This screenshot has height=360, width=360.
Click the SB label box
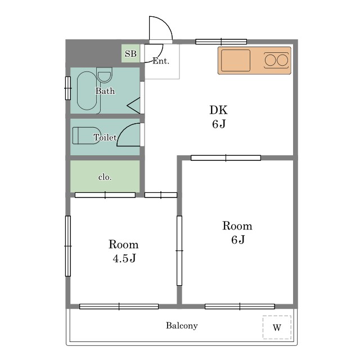pos(130,53)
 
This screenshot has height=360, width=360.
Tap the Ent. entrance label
pos(161,61)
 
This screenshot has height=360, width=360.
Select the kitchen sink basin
pos(236,60)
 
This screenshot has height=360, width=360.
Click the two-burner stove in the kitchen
pos(276,60)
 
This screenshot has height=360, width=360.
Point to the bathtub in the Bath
pos(87,91)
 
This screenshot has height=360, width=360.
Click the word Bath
pos(105,91)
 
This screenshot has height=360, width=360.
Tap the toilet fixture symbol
pos(86,136)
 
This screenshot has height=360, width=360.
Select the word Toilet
pos(105,137)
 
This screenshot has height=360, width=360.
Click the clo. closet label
pos(105,177)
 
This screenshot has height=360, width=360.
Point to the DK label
pos(219,110)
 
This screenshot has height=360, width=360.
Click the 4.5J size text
pos(124,258)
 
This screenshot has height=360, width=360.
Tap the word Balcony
pos(182,326)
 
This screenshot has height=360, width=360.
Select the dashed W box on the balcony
pos(277,327)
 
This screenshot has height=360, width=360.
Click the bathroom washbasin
pos(105,75)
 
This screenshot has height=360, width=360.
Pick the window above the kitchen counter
pos(221,42)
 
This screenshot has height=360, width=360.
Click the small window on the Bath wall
pos(68,88)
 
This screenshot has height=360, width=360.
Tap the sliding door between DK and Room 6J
pos(226,158)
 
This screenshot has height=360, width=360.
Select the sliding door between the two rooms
pos(179,250)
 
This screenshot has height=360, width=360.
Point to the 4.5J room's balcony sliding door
pos(119,307)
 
